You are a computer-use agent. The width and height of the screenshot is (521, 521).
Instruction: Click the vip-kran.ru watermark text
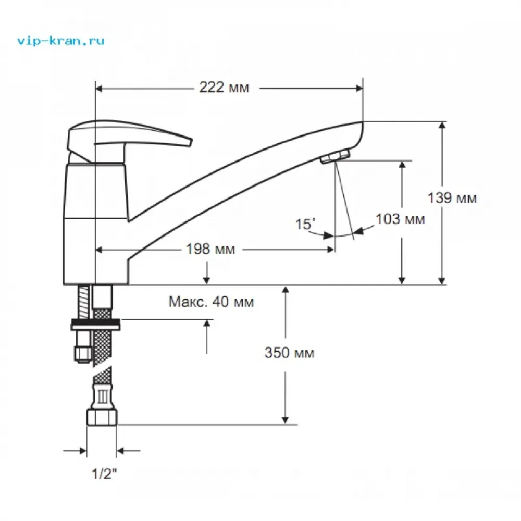click(61, 41)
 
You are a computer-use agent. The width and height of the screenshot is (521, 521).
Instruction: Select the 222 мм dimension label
click(224, 88)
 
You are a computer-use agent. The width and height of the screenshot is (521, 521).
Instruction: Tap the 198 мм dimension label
click(210, 249)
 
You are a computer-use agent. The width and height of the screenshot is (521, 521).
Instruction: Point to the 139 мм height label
click(452, 198)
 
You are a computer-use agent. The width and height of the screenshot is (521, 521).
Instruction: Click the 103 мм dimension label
click(400, 219)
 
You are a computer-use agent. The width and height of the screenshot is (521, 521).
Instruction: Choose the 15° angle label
click(305, 224)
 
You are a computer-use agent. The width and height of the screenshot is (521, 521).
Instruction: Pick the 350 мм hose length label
click(289, 353)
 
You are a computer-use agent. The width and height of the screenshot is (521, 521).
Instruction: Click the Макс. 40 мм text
click(212, 302)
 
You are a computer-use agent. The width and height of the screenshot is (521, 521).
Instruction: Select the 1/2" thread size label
click(104, 474)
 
